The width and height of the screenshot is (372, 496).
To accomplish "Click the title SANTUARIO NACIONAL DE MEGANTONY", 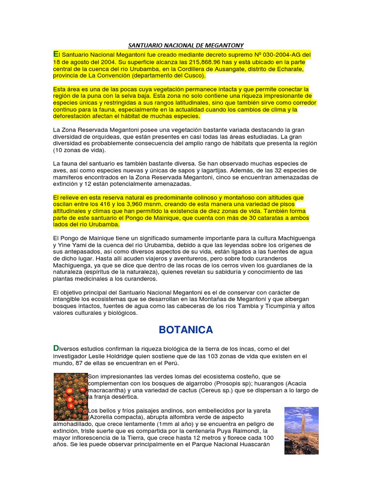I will pos(186,45).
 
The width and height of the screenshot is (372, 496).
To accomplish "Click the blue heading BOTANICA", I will pos(186,330).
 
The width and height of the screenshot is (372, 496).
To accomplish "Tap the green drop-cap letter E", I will pos(56,53).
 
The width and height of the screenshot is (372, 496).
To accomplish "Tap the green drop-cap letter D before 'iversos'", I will pos(56,348).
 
